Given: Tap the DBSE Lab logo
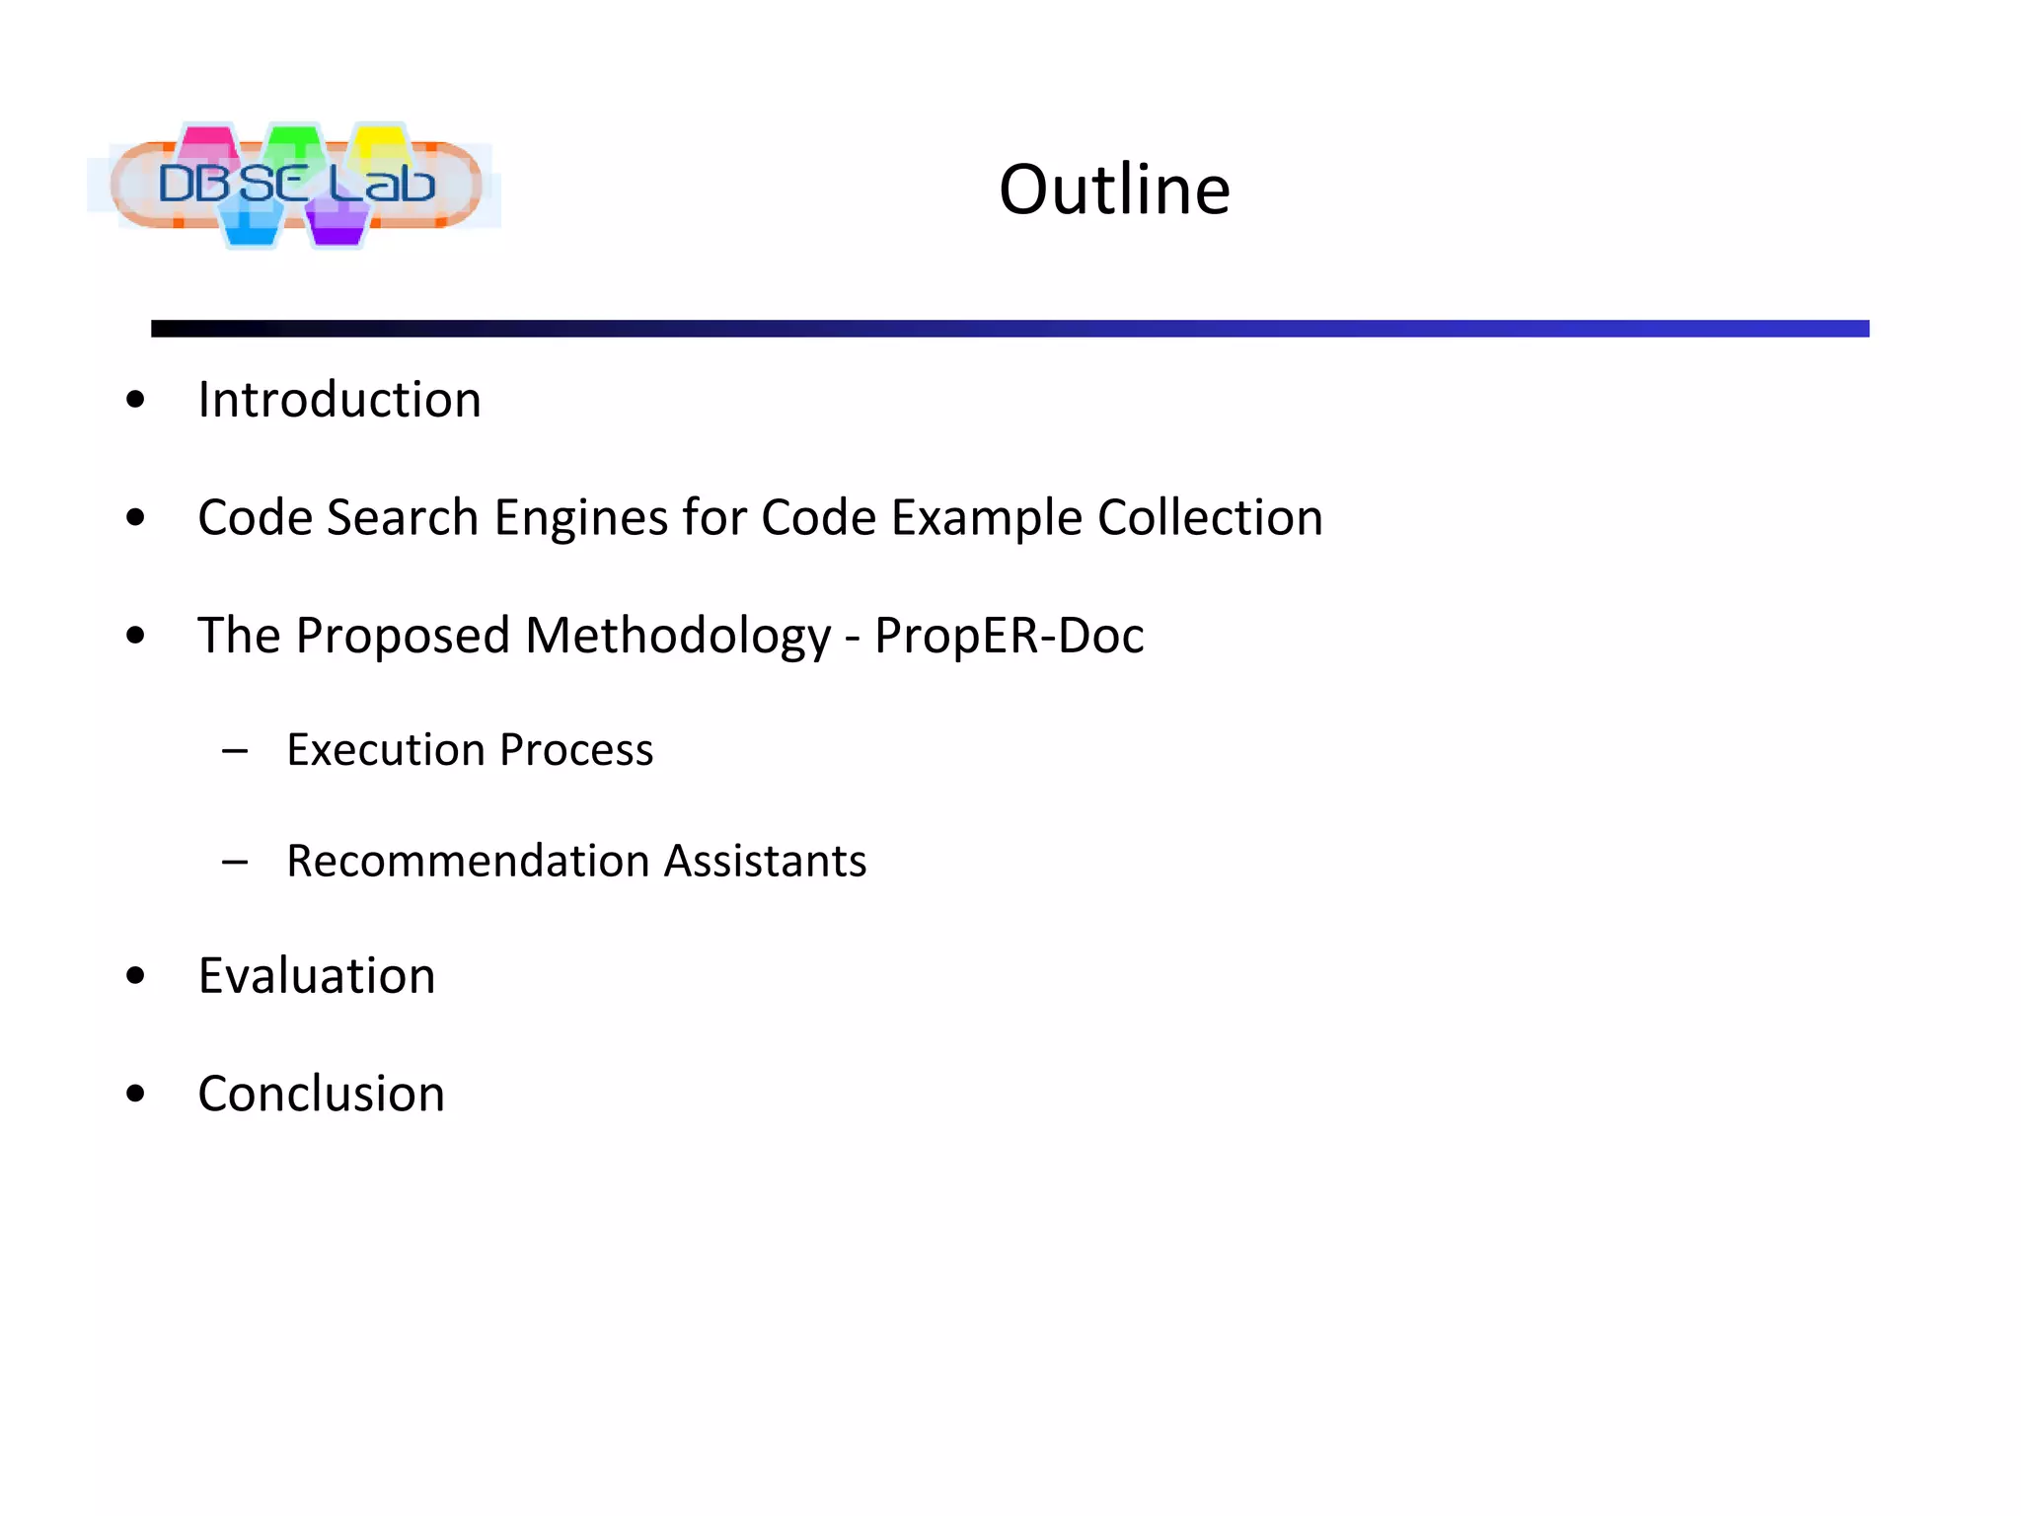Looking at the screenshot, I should pos(295,185).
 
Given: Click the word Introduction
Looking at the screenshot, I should pos(339,400).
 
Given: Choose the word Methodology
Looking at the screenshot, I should pos(678,637).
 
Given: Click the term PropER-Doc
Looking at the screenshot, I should pos(1009,637).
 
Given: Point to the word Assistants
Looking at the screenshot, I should pos(766,861).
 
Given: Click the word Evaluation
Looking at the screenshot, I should pos(317,976).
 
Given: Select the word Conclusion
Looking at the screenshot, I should pos(322,1094).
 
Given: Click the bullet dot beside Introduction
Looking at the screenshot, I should pos(136,401).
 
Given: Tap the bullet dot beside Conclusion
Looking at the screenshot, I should pos(136,1094).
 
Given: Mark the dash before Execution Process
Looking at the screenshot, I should pos(235,752).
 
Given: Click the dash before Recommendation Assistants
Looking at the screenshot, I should pos(235,863).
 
